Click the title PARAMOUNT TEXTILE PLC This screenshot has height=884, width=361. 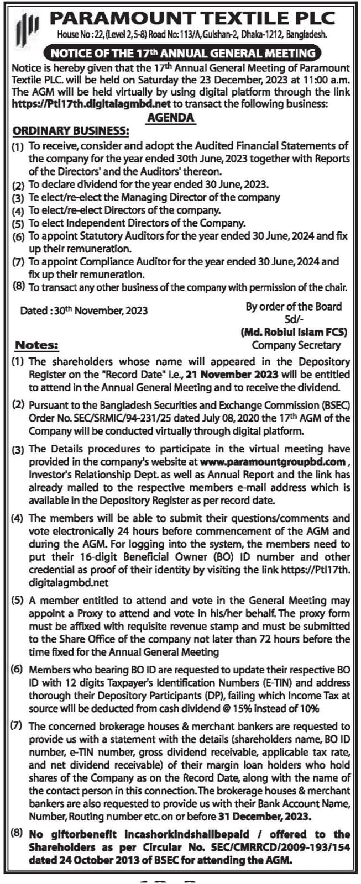click(x=192, y=18)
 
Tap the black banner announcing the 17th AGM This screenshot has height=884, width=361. click(x=182, y=54)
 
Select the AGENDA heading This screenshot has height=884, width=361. click(x=171, y=117)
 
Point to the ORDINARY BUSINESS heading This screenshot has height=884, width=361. click(x=71, y=131)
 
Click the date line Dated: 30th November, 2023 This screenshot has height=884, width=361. click(x=84, y=310)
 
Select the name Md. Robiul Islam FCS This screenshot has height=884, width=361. click(x=294, y=332)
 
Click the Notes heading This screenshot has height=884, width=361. click(x=36, y=345)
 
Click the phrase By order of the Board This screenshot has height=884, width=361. click(x=294, y=306)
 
